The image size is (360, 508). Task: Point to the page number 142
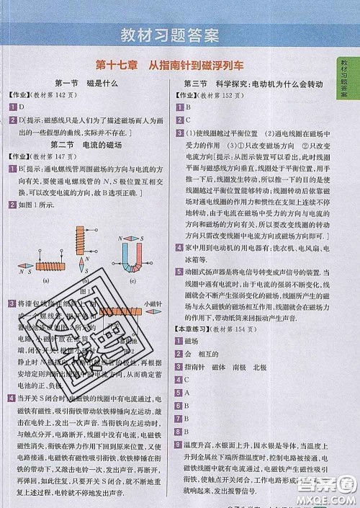74,94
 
